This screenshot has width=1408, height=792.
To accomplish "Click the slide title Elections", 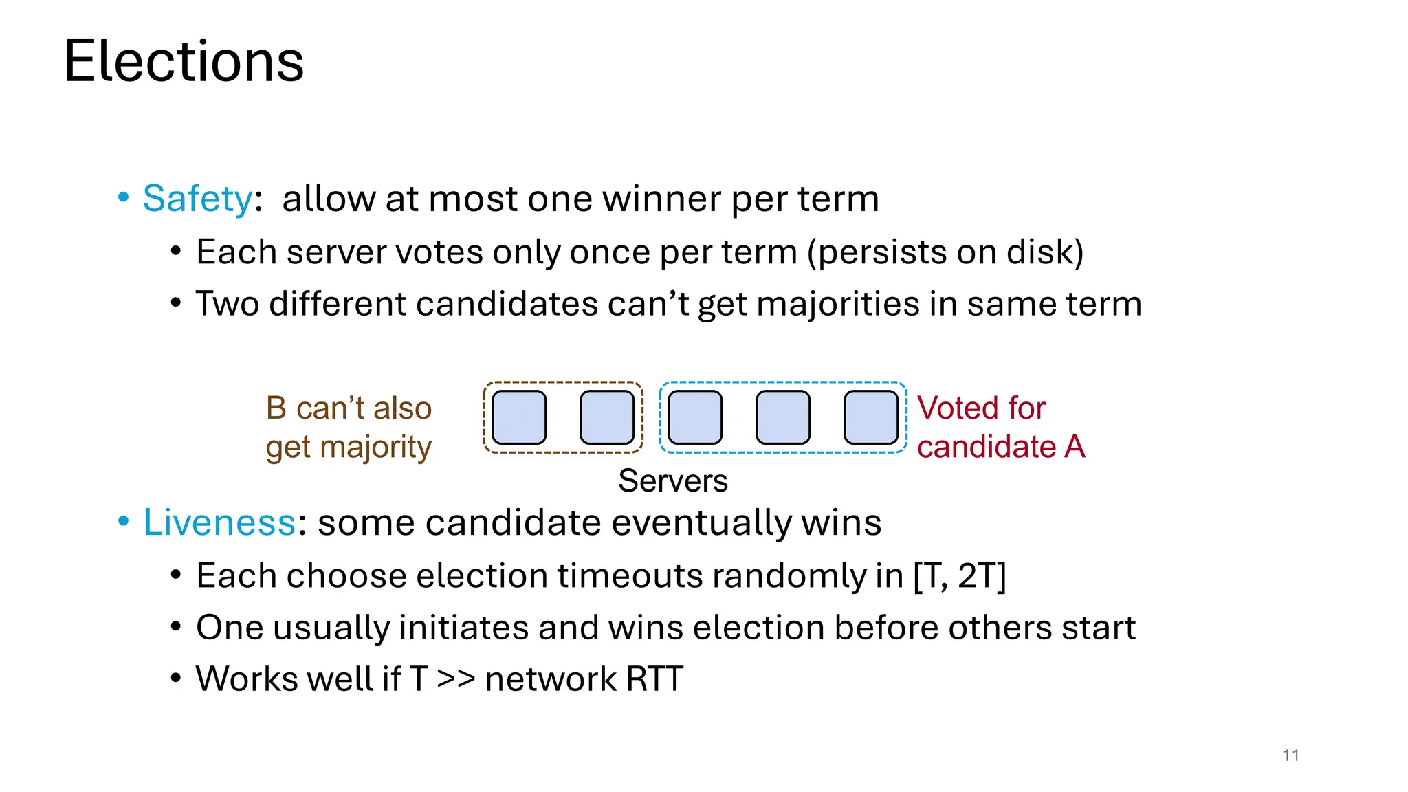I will (184, 62).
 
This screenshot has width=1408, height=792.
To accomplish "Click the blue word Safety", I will (198, 199).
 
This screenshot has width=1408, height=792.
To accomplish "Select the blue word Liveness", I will (219, 522).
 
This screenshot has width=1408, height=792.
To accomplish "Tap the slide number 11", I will (1290, 756).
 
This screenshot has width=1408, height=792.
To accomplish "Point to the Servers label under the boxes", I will (672, 481).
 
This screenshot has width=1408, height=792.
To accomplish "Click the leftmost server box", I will (519, 417).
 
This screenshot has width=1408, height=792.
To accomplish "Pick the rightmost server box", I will (871, 417).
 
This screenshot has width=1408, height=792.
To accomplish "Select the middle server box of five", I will (695, 417).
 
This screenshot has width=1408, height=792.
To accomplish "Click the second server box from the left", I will (607, 417).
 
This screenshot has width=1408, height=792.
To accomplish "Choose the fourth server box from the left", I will (783, 417).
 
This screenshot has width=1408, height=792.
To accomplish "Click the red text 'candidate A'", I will (1001, 447).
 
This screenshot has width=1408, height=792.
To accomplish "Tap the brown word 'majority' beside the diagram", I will (376, 448).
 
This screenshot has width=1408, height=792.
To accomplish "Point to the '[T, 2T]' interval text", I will (960, 576).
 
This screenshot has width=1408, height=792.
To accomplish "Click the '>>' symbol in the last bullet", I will (456, 679).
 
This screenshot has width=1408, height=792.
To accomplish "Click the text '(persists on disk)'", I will (945, 252).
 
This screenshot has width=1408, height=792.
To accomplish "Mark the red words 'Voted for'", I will (981, 408).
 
